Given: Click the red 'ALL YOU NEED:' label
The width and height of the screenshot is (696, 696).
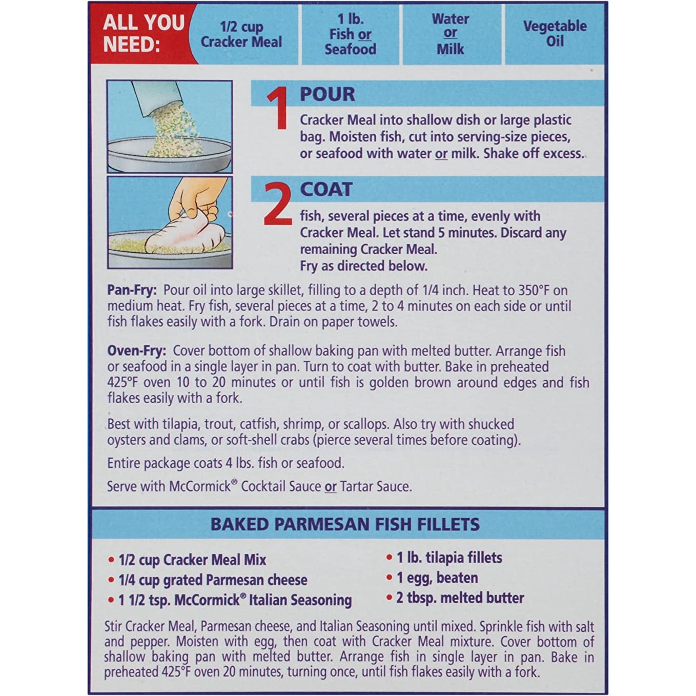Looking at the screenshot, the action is [x=144, y=33].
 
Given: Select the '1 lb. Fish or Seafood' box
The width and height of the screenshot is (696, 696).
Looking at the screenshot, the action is [x=350, y=34].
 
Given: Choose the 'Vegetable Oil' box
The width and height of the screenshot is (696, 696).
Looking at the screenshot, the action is [x=555, y=34].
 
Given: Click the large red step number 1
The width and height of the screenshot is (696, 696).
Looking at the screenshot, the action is [x=277, y=108].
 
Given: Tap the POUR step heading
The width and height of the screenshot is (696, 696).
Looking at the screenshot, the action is [x=327, y=94].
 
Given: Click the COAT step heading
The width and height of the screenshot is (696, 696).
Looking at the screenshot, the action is [x=326, y=190].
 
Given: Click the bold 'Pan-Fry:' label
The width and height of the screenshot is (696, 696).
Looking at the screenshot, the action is [x=132, y=290].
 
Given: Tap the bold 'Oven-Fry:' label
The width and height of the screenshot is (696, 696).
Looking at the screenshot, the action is [x=136, y=351].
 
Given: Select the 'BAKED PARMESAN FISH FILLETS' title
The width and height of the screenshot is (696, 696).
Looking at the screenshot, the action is [x=345, y=524].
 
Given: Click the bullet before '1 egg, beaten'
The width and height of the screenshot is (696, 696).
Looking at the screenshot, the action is [x=389, y=578].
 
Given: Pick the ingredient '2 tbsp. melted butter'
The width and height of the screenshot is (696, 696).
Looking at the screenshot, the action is [x=460, y=598].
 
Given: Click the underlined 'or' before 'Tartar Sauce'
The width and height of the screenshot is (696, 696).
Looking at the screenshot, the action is [x=331, y=486].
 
